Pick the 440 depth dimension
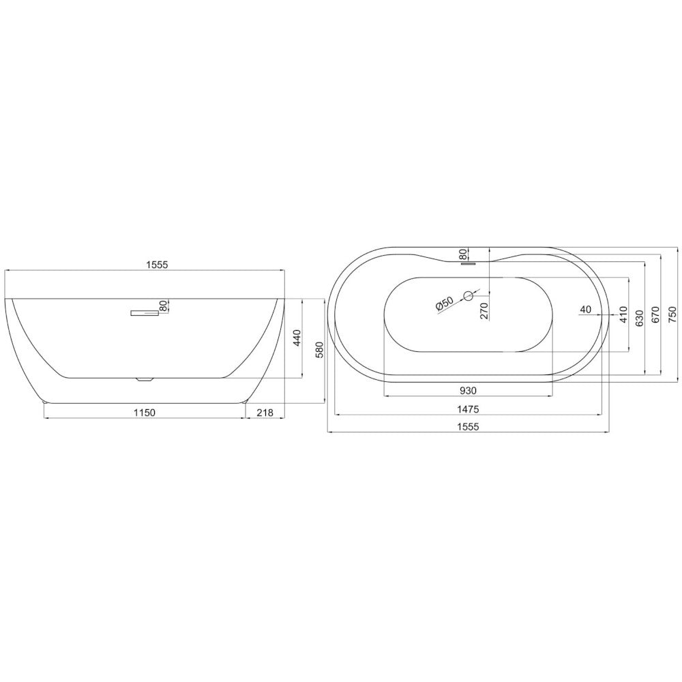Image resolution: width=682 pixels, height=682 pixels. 296,338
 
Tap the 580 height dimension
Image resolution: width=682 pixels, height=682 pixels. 319,350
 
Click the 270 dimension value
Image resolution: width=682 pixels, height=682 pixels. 484,311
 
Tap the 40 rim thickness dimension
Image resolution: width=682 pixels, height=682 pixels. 585,309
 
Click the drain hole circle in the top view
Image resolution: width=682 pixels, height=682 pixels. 469,296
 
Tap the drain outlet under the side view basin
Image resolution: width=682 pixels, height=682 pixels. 144,379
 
